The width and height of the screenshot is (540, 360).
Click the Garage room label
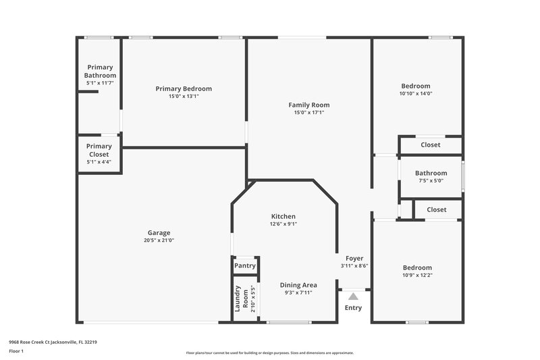159,232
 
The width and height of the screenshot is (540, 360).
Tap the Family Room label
309,105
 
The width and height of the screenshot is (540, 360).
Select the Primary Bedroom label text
184,88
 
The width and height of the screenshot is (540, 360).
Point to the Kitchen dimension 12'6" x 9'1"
283,224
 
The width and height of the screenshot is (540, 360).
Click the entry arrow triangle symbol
353,295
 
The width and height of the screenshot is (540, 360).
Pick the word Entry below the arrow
353,308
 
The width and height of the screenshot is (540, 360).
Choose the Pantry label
245,266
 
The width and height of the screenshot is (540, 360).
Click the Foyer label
354,258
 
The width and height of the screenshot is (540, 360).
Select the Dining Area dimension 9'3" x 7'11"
298,293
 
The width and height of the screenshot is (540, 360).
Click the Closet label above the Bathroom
431,145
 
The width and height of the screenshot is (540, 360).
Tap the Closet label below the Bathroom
437,210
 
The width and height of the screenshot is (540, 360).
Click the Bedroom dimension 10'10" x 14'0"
416,94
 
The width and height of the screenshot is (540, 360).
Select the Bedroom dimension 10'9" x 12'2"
416,276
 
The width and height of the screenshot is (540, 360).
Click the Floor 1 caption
16,352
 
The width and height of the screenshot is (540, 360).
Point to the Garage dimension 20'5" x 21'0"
159,240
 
